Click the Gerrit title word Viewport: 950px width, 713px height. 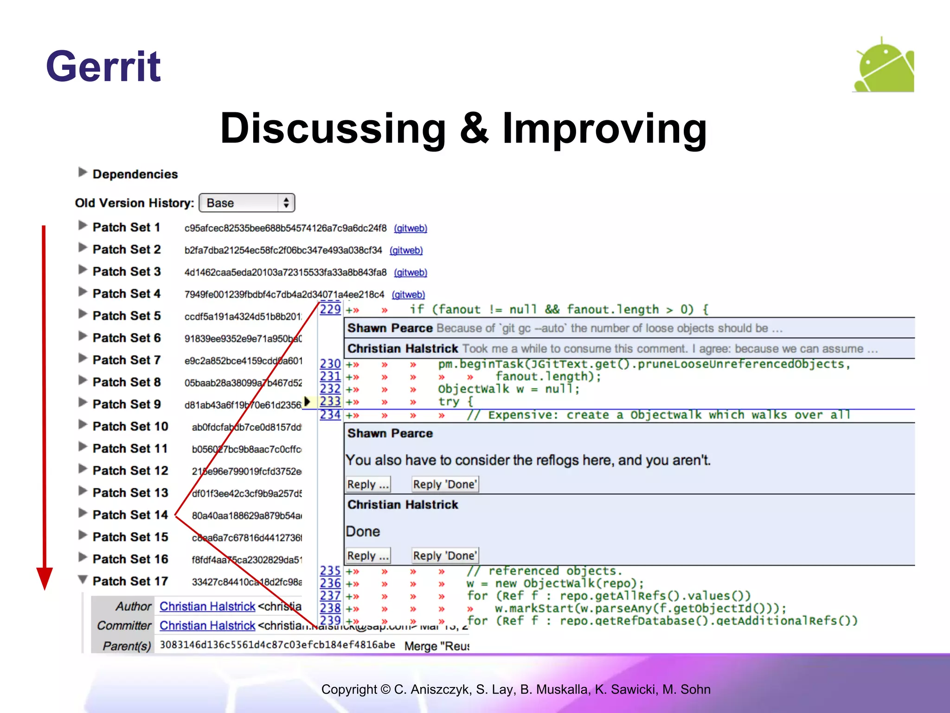point(103,66)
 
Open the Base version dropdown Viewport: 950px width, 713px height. point(247,203)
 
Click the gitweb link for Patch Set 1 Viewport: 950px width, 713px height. point(411,228)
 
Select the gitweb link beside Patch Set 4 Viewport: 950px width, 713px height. point(408,295)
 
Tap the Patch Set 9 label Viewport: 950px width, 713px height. point(126,404)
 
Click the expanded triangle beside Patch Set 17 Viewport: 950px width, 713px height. point(83,579)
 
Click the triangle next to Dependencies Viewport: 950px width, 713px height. point(83,173)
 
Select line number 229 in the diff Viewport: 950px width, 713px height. point(330,309)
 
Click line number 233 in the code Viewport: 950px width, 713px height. point(330,402)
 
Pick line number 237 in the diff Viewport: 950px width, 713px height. point(330,596)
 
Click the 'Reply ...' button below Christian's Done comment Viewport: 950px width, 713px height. point(368,556)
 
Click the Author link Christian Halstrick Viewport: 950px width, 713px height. point(207,606)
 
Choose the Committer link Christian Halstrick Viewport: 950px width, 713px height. point(207,626)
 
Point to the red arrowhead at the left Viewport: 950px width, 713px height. point(45,577)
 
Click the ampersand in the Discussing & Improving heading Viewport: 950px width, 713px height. point(474,129)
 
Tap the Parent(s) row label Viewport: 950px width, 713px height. point(127,646)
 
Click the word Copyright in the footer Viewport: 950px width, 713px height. point(349,689)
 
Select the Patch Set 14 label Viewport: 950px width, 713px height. point(130,515)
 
